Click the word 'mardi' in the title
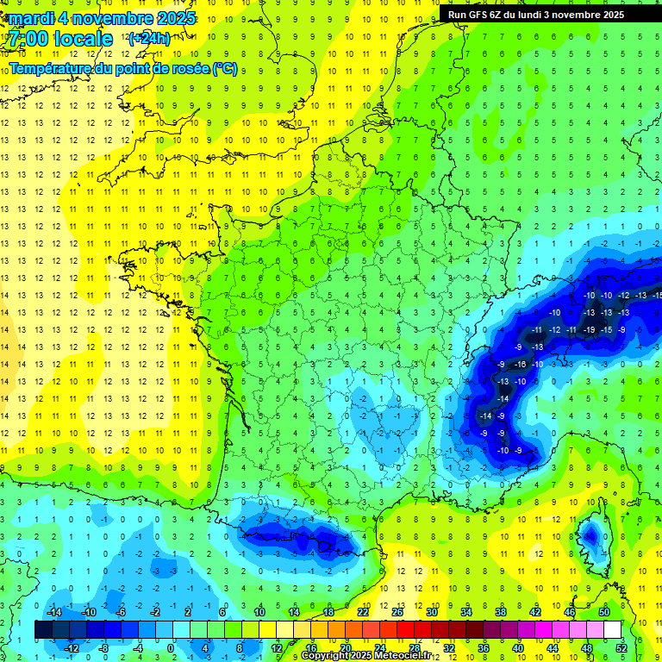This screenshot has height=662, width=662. point(31,18)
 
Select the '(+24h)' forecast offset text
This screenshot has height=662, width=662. point(148,39)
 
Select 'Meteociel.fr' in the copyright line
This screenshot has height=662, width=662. point(397,656)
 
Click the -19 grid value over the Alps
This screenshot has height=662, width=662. point(589,330)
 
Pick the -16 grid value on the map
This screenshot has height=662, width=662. point(521,365)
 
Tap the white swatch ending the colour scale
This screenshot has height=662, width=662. point(612,630)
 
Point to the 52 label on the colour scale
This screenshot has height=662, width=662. point(621,647)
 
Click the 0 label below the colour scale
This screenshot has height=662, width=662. point(171,647)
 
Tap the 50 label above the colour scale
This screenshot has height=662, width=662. point(604,612)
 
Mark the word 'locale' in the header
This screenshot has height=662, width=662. point(83,39)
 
